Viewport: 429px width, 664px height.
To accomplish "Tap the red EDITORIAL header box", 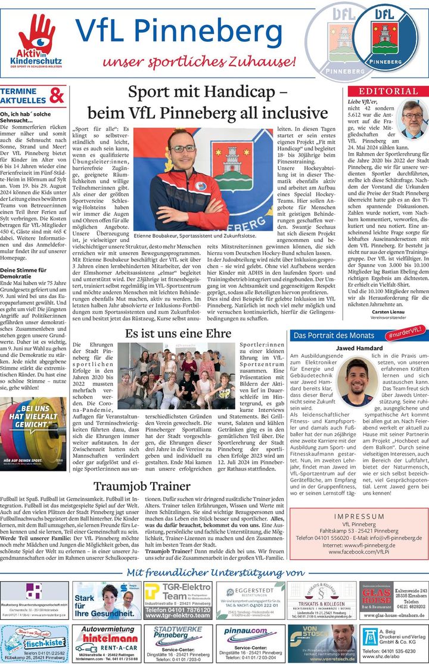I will point(388,91).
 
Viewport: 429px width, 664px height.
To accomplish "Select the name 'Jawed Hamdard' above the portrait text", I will point(358,347).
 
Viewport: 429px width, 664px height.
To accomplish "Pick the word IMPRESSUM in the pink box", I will point(359,516).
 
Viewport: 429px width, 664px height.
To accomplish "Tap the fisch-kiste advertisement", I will point(35,643).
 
